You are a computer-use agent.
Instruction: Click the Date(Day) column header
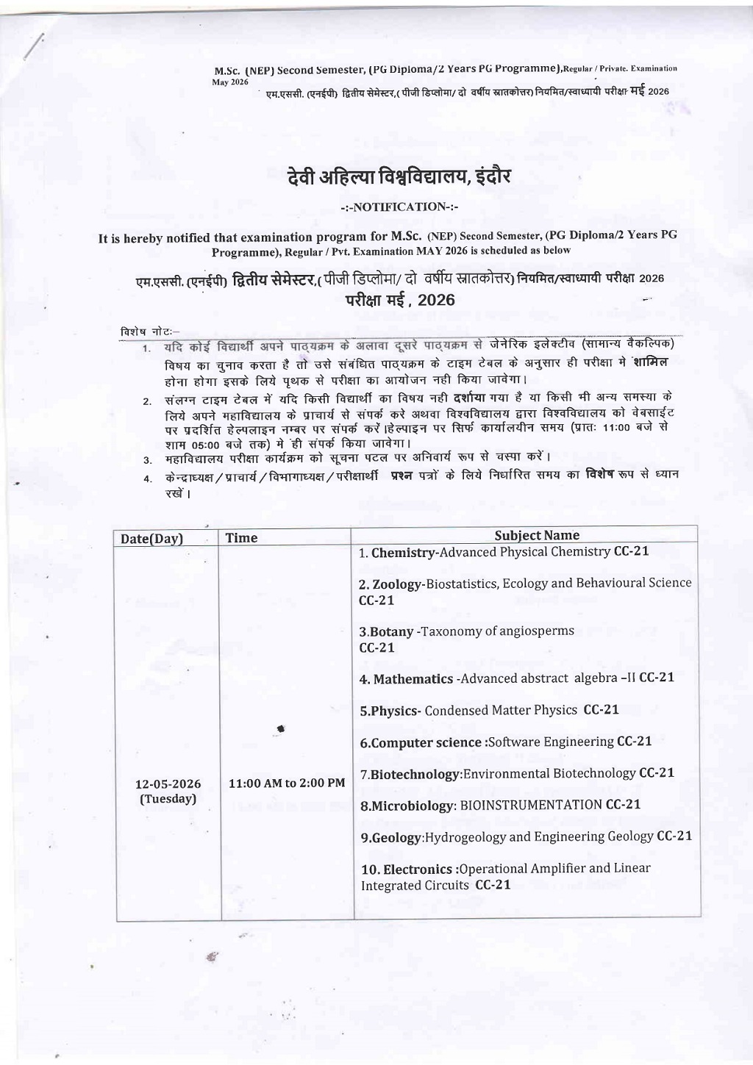tap(151, 539)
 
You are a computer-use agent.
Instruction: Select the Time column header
tap(241, 538)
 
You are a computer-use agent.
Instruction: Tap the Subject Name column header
tap(537, 536)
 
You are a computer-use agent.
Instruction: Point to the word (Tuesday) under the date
tap(168, 799)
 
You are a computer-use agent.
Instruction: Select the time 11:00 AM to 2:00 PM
tap(287, 783)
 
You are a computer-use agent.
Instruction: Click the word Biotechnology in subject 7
tap(415, 775)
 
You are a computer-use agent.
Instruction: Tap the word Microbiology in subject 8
tap(413, 806)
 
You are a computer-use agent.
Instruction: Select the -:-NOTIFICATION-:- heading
tap(401, 207)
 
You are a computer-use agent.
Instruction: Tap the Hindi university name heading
tap(399, 178)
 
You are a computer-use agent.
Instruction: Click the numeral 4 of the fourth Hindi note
tap(147, 479)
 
